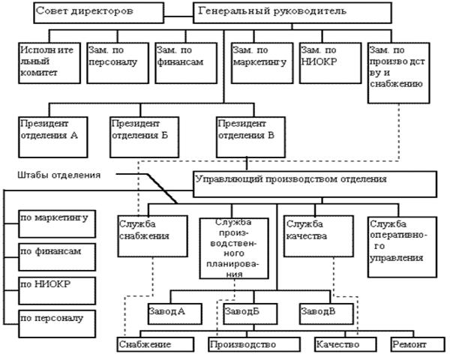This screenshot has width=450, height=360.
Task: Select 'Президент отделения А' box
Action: [x=55, y=132]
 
